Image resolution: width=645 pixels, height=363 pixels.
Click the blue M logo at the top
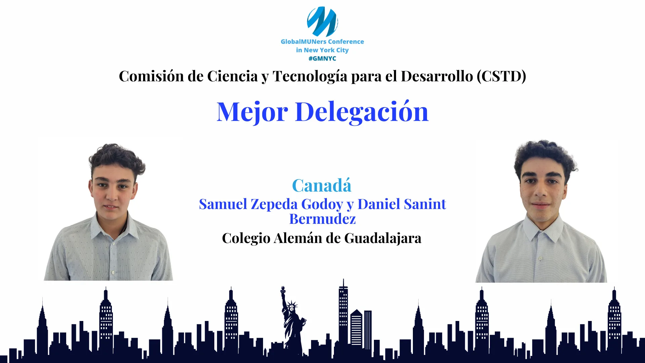(322, 21)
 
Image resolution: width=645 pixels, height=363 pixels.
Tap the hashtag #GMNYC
(322, 58)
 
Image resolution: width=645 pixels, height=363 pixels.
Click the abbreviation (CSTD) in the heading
(501, 76)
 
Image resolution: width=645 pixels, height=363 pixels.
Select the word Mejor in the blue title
(252, 112)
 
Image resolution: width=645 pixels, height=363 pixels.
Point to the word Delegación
(361, 112)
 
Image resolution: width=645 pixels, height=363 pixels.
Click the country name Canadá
(322, 185)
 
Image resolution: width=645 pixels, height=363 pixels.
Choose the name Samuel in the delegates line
(223, 204)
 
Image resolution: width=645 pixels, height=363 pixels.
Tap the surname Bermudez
(322, 219)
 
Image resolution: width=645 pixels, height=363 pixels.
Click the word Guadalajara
(383, 239)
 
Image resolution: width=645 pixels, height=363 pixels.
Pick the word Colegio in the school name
(246, 239)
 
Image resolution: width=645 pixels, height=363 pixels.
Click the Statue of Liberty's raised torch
(283, 290)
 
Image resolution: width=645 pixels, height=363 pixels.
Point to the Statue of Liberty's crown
(292, 304)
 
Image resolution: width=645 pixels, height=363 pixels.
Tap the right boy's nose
(541, 192)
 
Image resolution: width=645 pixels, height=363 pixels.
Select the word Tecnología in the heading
(310, 76)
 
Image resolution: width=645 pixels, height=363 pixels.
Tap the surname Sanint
(425, 204)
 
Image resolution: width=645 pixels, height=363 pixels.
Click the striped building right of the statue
(356, 328)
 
